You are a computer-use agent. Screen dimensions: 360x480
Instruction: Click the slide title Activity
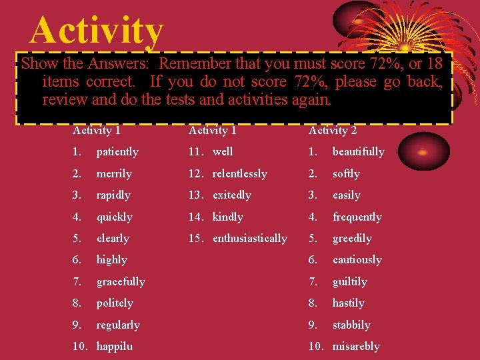click(97, 31)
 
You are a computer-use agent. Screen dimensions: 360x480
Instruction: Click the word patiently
click(117, 152)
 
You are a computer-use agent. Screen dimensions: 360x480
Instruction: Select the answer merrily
click(114, 174)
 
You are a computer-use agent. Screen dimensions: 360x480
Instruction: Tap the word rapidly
click(113, 195)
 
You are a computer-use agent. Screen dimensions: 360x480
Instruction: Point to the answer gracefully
click(121, 282)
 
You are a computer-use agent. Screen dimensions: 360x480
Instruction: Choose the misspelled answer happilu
click(115, 347)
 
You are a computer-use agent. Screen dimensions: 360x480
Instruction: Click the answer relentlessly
click(239, 174)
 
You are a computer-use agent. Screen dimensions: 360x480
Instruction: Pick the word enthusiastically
click(249, 239)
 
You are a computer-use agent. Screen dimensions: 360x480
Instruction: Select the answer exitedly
click(231, 195)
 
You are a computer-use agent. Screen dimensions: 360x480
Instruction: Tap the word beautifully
click(358, 152)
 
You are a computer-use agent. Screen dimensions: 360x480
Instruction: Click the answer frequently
click(357, 217)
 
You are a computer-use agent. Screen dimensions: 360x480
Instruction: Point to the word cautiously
click(357, 260)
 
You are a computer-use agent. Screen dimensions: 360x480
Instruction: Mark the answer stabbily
click(351, 325)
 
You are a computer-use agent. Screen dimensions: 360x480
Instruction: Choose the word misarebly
click(355, 347)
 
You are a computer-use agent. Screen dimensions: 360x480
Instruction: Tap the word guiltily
click(349, 282)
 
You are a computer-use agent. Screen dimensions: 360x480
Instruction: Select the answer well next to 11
click(223, 152)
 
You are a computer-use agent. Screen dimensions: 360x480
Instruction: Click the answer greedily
click(352, 239)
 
